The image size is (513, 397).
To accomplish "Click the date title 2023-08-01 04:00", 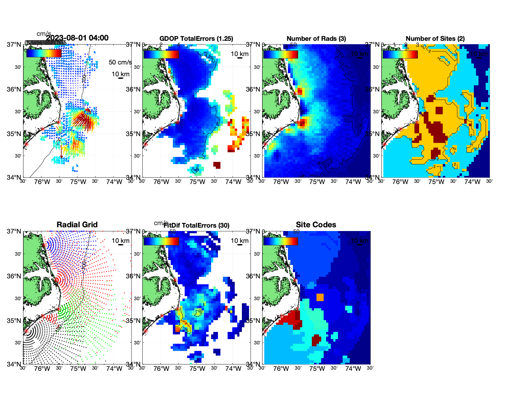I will click(77, 38).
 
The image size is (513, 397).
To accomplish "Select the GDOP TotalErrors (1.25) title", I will click(196, 39).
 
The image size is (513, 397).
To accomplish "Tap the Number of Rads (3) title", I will click(316, 39).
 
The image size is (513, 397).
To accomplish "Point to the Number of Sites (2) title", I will click(435, 39).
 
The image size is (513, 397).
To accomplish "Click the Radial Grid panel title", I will click(77, 225).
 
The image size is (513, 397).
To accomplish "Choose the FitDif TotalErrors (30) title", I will click(196, 225).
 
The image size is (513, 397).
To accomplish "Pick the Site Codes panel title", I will click(316, 225).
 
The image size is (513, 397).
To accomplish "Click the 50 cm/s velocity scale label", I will click(120, 62).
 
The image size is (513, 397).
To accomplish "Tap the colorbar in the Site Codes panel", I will click(280, 241).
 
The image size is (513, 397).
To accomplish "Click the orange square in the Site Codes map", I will click(320, 297).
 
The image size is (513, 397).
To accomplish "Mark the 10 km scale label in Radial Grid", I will click(120, 241).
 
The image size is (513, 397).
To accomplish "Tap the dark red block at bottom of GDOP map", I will click(217, 165).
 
